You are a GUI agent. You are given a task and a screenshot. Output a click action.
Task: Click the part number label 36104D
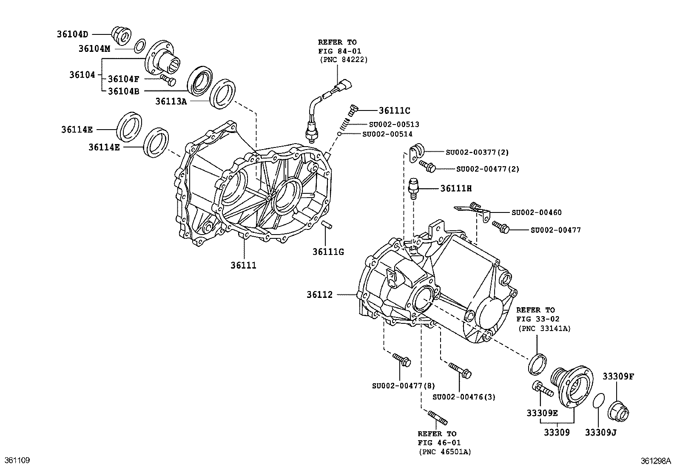72,34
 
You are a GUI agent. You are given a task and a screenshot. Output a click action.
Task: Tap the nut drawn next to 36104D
121,35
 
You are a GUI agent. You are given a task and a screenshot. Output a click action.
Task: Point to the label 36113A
171,101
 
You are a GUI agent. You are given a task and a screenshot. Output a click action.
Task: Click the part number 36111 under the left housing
244,266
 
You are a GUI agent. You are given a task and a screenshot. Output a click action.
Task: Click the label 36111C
394,111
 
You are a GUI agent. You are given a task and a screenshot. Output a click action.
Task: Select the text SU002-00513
393,125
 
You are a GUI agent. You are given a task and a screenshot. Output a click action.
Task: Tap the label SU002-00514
387,134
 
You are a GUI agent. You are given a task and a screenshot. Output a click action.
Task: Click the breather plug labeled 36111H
414,188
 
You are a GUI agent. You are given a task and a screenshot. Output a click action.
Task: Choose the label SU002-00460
536,212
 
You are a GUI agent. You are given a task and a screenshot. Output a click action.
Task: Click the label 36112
319,294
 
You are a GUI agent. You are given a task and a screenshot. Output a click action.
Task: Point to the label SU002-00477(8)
403,386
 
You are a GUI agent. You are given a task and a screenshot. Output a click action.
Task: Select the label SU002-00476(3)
464,397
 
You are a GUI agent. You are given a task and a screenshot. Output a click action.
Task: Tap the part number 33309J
600,433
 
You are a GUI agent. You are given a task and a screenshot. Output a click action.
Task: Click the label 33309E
542,413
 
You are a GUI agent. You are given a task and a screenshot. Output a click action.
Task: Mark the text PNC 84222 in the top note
344,59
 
